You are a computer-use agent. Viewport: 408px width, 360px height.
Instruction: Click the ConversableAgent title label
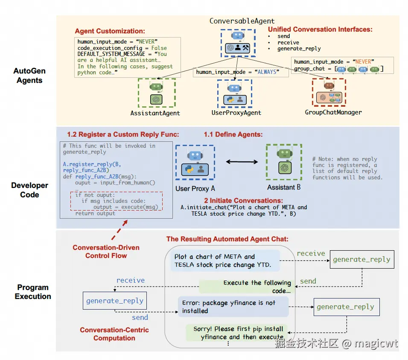tap(242, 20)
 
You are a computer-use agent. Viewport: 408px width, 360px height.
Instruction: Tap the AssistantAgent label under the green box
tap(155, 113)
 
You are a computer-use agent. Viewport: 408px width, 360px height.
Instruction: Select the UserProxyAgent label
tap(236, 113)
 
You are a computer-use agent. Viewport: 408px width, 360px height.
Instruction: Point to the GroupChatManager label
tap(333, 112)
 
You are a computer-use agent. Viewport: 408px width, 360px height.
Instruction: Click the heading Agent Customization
tap(110, 31)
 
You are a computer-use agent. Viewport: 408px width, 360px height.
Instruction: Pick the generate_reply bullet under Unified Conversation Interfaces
tap(299, 49)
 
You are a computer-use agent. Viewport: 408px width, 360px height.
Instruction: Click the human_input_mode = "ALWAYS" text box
tap(237, 72)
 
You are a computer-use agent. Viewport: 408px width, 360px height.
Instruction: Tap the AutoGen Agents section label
tap(29, 76)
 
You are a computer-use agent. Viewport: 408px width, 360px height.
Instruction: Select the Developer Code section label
tap(29, 190)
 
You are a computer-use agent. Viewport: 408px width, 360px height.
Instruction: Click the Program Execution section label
tap(33, 292)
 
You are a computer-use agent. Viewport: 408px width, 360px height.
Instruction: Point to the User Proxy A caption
tap(195, 188)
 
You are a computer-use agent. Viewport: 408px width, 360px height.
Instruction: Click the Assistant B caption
tap(284, 187)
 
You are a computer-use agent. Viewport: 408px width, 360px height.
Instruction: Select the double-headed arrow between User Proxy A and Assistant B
tap(242, 161)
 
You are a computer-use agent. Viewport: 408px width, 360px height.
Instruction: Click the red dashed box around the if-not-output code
tap(116, 200)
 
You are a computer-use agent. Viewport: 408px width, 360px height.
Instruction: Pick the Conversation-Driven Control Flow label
tap(106, 252)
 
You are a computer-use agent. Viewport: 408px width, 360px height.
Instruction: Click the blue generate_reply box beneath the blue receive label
tap(114, 301)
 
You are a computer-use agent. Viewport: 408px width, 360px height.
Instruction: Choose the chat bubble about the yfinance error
tap(233, 307)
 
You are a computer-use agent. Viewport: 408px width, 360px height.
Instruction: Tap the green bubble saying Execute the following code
tap(245, 286)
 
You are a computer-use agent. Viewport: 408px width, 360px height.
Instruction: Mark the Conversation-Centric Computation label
tap(114, 334)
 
